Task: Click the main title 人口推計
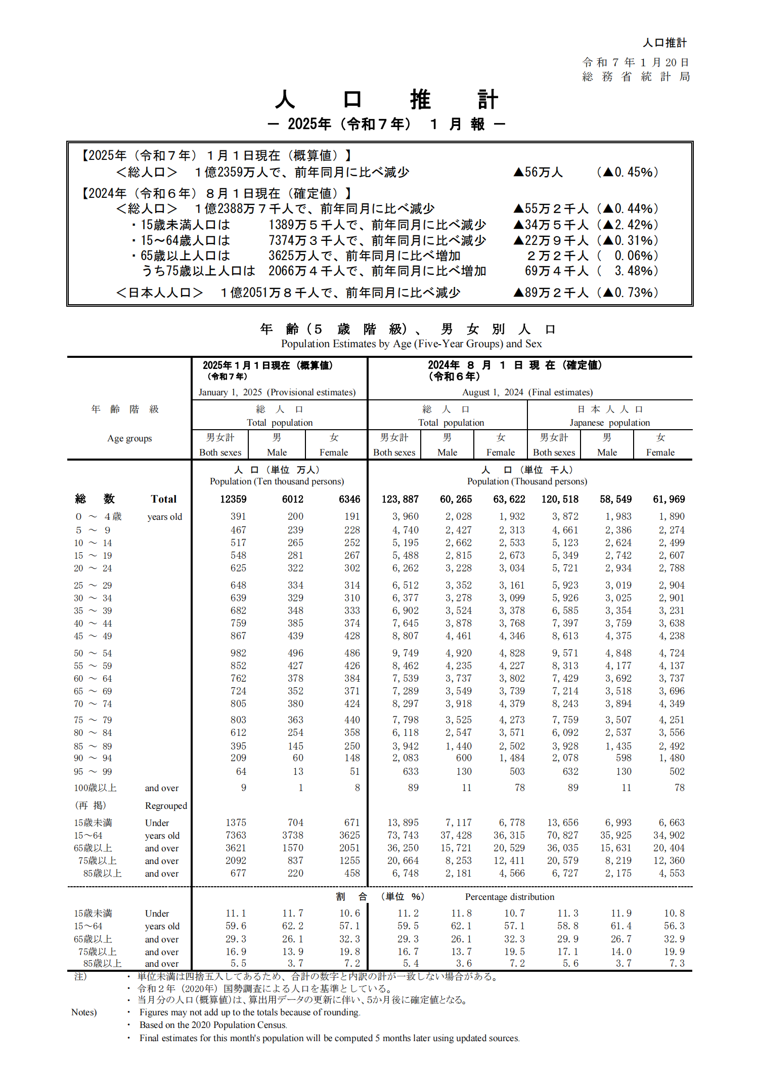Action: (x=386, y=99)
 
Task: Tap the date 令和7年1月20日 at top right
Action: (x=636, y=62)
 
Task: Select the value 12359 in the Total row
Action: (x=233, y=499)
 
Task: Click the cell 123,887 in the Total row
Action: (x=400, y=499)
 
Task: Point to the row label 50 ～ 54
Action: (x=93, y=653)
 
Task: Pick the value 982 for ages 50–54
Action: (x=238, y=653)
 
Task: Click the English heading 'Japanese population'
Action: (x=609, y=423)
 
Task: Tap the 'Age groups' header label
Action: (x=129, y=438)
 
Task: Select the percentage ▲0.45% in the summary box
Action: (x=628, y=172)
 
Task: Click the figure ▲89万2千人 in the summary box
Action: (x=551, y=293)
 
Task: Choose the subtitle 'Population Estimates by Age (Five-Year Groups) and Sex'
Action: (x=411, y=344)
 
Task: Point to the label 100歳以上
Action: (x=96, y=788)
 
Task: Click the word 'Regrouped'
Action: (x=166, y=806)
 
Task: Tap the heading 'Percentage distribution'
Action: (x=509, y=897)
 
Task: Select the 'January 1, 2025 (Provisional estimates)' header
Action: (x=277, y=392)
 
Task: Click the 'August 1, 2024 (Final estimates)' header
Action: (x=527, y=392)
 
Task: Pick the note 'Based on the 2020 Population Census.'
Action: (x=213, y=1025)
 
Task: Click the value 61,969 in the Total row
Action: (x=669, y=499)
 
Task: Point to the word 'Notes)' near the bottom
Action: (x=84, y=1012)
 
